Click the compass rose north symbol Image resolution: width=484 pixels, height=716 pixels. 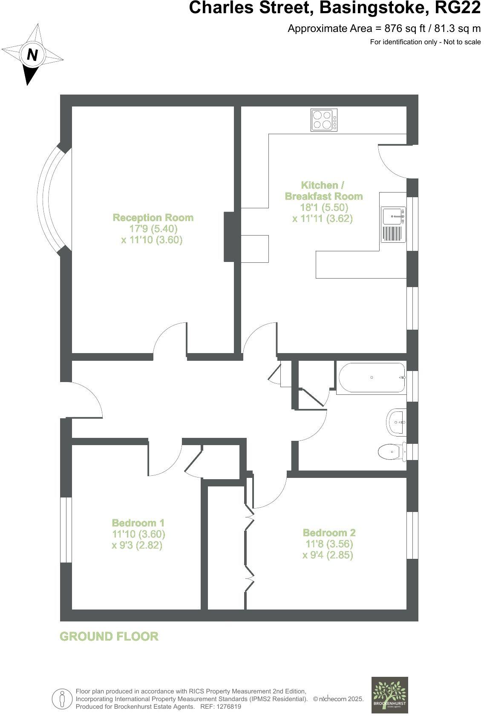[32, 55]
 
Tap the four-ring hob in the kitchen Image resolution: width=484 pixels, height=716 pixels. [324, 120]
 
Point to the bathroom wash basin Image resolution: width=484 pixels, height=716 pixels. [397, 422]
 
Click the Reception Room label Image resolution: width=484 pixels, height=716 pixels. [153, 218]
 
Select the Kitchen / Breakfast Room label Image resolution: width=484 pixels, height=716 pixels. [323, 190]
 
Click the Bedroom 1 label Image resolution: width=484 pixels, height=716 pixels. [138, 523]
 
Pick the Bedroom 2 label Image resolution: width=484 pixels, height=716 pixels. [329, 532]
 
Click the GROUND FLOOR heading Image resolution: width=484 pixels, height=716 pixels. [109, 636]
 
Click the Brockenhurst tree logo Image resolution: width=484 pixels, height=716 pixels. [389, 695]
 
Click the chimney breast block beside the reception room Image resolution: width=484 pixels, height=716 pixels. [230, 236]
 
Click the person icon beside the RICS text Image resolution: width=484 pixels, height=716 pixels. [62, 699]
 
